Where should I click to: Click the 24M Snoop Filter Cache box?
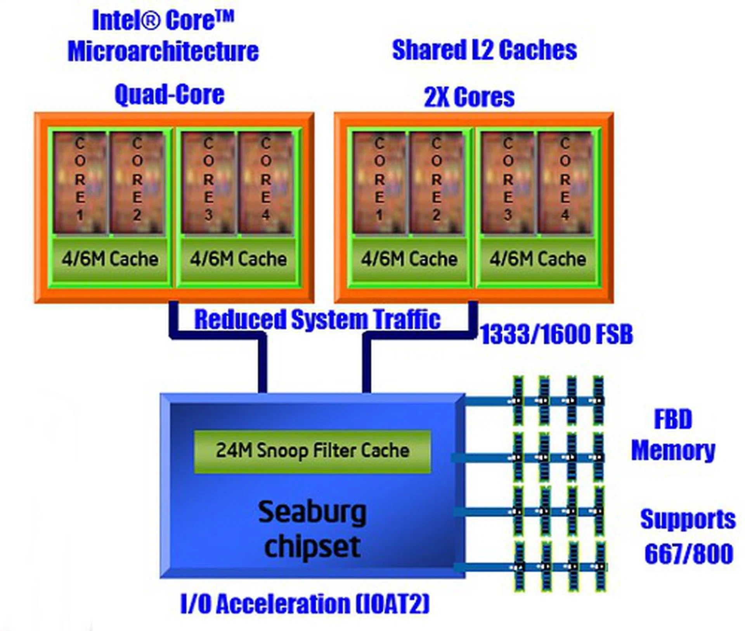312,451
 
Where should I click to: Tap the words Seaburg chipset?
312,529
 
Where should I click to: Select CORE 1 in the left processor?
80,182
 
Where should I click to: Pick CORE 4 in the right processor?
565,182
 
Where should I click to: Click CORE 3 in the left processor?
208,182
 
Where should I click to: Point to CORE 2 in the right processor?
436,182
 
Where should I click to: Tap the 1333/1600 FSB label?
556,334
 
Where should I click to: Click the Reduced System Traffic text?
317,320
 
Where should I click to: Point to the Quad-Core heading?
170,95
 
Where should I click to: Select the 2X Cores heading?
469,97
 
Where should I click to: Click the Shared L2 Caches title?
484,50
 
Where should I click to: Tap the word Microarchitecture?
163,51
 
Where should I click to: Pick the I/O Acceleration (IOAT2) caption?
305,604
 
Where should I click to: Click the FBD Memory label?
673,435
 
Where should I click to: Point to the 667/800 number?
689,554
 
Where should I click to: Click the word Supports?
688,520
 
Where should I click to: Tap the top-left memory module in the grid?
518,401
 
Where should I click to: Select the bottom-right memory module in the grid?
599,567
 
